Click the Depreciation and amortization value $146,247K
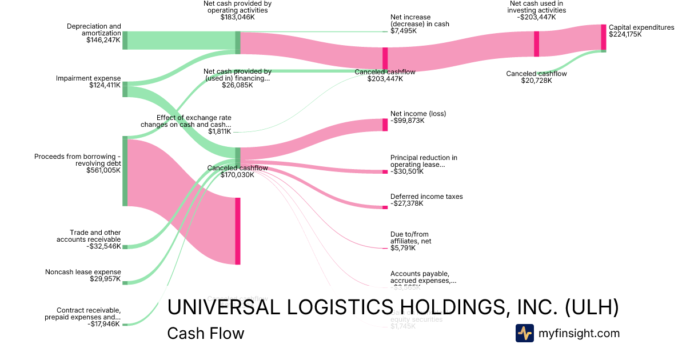click(103, 41)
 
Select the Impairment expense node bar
click(125, 90)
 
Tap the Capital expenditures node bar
click(603, 37)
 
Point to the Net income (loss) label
click(418, 114)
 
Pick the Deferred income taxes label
click(426, 197)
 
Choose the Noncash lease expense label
click(83, 272)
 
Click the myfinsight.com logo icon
click(524, 333)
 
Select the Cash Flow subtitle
click(205, 333)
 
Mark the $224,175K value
click(625, 34)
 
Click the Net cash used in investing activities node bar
click(536, 44)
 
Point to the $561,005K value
click(103, 170)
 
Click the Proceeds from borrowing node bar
click(125, 171)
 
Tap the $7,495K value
click(404, 31)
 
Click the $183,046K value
click(237, 17)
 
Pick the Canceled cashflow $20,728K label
click(536, 77)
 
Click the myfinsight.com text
click(579, 333)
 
